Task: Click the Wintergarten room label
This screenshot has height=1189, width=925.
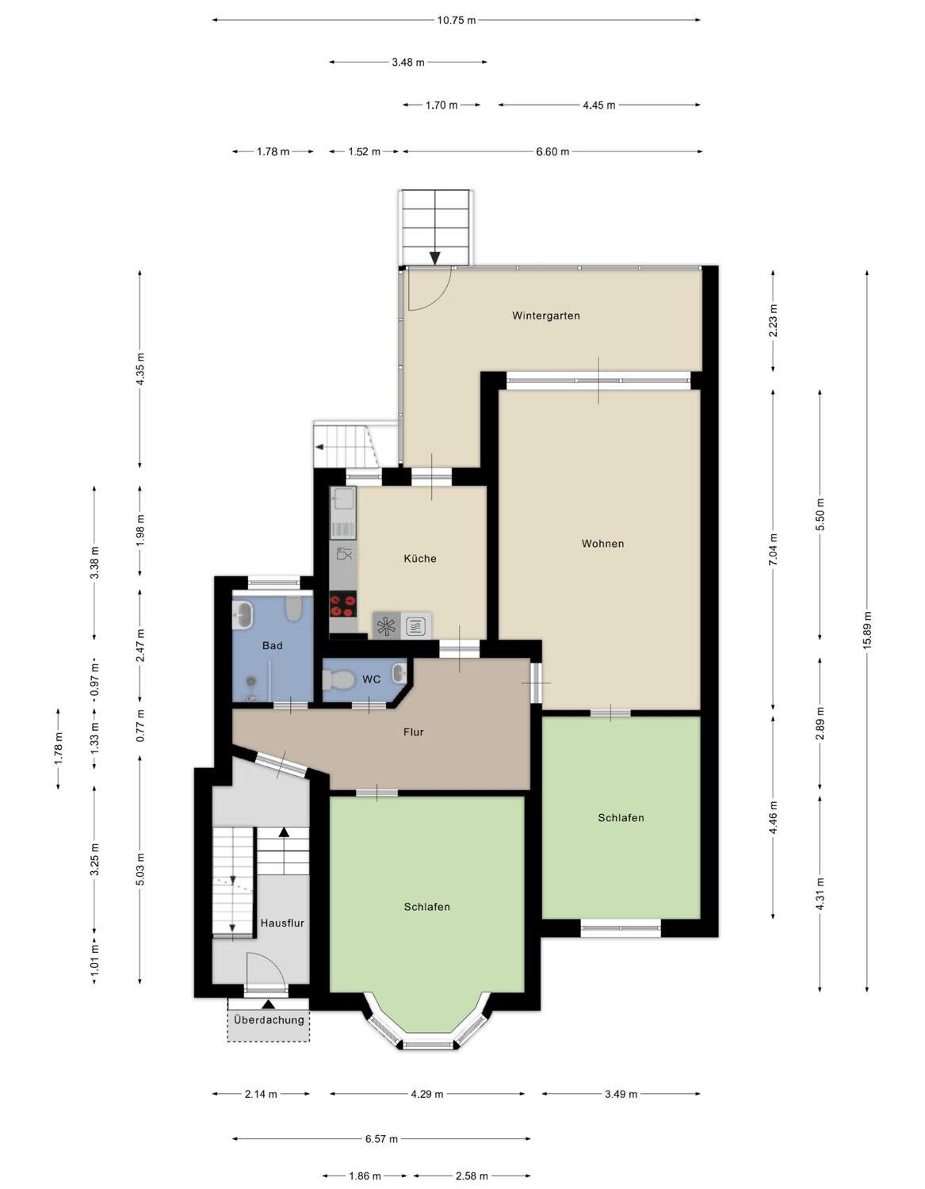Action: tap(545, 315)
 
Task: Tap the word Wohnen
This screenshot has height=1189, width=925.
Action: tap(602, 543)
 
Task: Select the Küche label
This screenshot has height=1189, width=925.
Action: tap(419, 558)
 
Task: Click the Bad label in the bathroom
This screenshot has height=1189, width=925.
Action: tap(273, 646)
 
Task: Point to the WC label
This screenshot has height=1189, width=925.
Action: tap(372, 679)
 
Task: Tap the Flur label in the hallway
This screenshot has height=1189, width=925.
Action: tap(414, 732)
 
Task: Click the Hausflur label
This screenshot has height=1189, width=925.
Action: tap(281, 923)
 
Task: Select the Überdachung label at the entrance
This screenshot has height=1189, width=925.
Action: tap(269, 1020)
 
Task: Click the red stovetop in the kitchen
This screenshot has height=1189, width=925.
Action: tap(343, 606)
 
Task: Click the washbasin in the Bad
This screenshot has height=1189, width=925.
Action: tap(243, 614)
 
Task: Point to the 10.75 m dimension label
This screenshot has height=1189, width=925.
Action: tap(457, 21)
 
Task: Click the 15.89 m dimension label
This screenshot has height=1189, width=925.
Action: tap(867, 630)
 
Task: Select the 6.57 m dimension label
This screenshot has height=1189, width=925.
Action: tap(382, 1139)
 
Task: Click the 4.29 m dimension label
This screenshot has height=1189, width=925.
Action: tap(427, 1095)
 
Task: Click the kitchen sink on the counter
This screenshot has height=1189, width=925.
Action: tap(343, 499)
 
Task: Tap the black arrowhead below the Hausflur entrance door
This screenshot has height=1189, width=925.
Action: tap(269, 1004)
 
